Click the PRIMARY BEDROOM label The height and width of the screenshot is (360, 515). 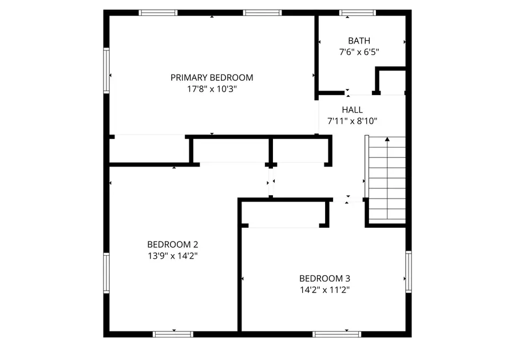point(212,77)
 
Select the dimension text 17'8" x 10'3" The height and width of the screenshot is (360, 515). point(212,89)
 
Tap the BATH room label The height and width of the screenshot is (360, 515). point(359,41)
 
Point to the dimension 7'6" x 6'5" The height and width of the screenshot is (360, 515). point(359,52)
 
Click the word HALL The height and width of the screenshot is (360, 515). point(352,109)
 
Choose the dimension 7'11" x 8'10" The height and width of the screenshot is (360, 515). point(352,121)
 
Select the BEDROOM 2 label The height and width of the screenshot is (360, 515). point(172,243)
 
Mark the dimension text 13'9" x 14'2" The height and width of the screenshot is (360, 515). point(172,255)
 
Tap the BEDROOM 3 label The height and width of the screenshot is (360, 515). point(324,278)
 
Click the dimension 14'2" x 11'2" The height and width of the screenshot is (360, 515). point(324,290)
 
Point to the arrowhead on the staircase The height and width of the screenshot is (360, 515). point(387,139)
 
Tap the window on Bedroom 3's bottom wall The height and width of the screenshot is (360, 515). point(331,334)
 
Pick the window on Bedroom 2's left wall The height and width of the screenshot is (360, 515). point(106,274)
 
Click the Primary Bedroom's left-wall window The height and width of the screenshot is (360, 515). point(106,70)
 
